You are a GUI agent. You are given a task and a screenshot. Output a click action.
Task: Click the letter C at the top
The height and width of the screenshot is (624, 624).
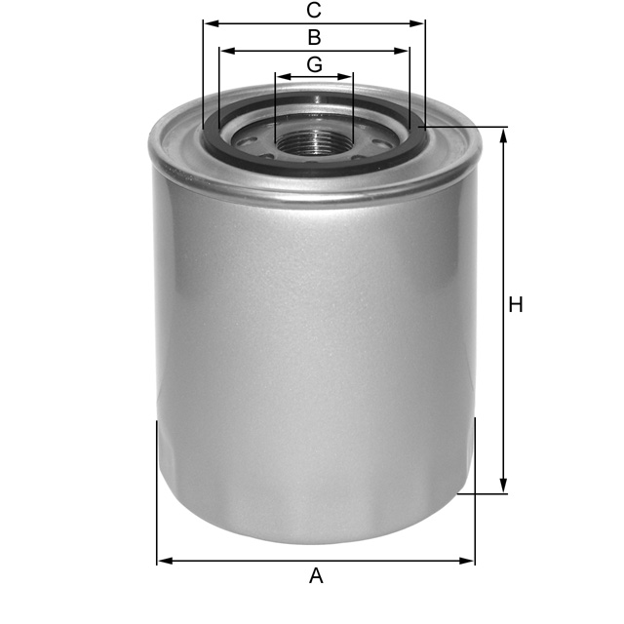coord(314,11)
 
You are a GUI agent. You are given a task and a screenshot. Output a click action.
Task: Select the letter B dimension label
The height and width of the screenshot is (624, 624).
coord(314,38)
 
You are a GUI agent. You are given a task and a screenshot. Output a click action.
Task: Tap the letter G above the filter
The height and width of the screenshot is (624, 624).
coord(314,64)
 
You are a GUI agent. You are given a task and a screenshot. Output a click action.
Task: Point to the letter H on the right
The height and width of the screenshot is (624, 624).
coord(516,305)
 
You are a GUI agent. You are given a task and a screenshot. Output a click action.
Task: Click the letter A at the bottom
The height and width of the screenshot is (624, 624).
coord(316,576)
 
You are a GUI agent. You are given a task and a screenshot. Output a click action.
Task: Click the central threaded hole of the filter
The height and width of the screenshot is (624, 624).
coord(314,136)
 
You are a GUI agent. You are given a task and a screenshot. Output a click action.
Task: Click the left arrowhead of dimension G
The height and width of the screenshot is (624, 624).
coord(282,76)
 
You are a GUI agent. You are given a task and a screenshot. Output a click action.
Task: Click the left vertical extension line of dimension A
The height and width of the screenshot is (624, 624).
coord(157,487)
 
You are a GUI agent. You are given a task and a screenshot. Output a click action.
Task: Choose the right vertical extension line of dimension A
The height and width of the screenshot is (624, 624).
coord(475,487)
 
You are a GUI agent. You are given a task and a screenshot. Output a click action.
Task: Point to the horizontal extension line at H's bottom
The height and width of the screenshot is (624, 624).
coord(483,494)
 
